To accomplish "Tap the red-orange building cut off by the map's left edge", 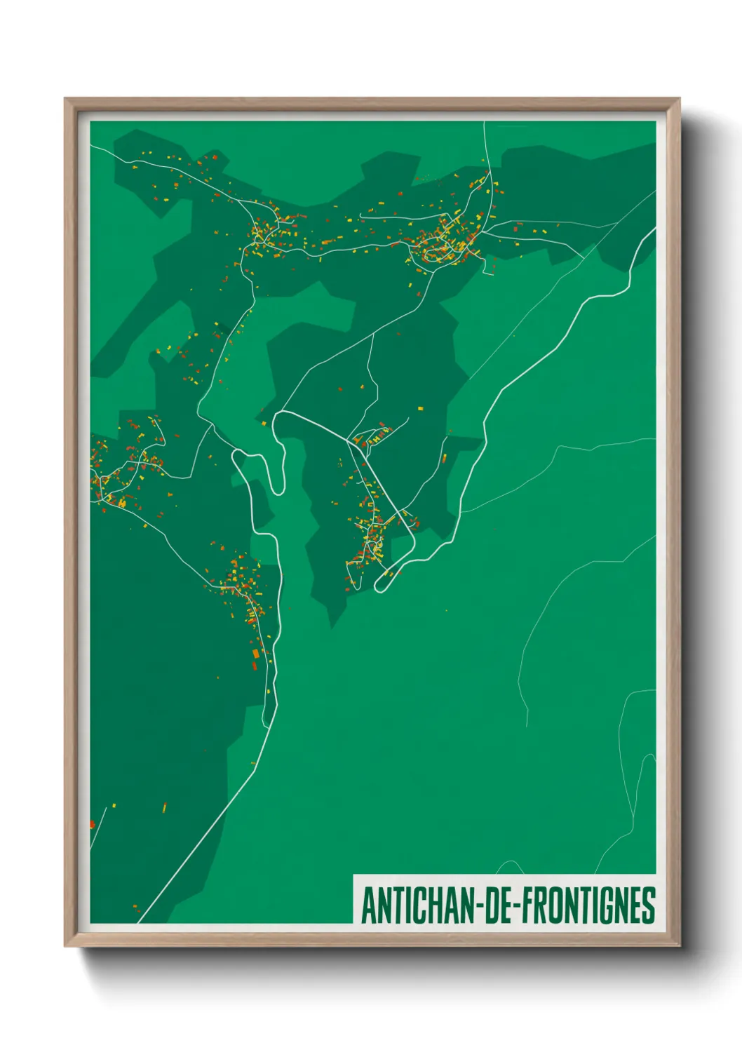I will [x=92, y=824].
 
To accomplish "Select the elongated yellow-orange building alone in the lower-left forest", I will [x=164, y=807].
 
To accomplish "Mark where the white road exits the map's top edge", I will [x=484, y=123].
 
